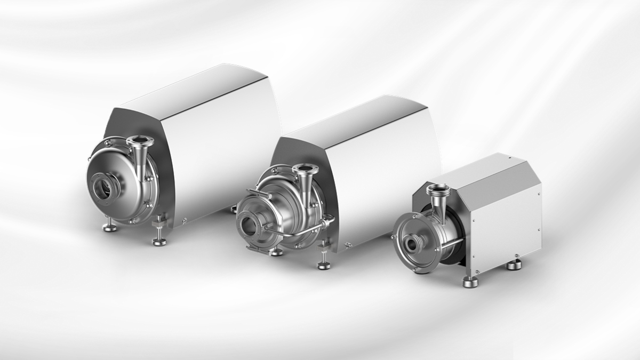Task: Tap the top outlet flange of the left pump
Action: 138,141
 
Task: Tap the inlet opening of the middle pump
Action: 250,222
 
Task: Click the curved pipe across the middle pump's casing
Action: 299,232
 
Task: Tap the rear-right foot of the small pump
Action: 514,264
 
